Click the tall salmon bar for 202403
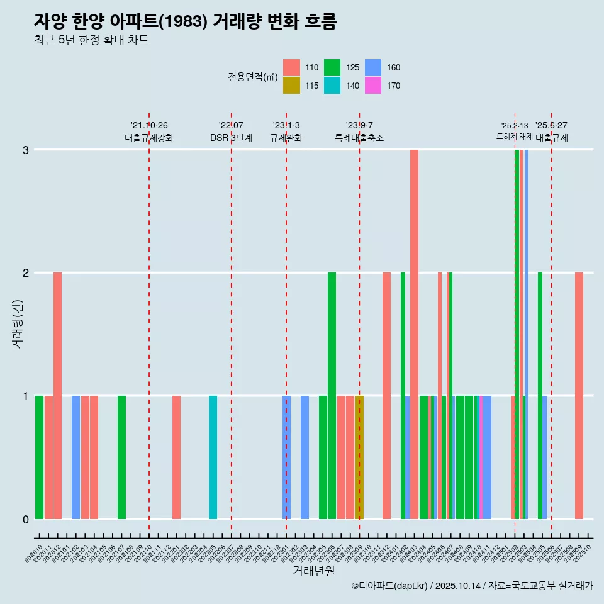point(414,334)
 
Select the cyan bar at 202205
point(213,457)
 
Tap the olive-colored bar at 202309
point(360,457)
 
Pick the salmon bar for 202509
point(579,396)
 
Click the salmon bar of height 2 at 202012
point(57,396)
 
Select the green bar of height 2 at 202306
point(332,396)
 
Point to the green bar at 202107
point(121,457)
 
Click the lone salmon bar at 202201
point(176,457)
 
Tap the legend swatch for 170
point(373,86)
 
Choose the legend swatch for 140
point(332,86)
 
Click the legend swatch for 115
point(291,86)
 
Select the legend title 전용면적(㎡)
point(253,77)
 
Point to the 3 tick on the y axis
point(26,150)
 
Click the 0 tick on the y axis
point(26,519)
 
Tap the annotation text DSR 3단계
point(231,138)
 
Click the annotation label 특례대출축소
point(359,138)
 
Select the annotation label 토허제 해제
point(515,137)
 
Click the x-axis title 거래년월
point(313,571)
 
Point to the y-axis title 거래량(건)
point(17,333)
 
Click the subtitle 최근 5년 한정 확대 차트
point(91,41)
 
